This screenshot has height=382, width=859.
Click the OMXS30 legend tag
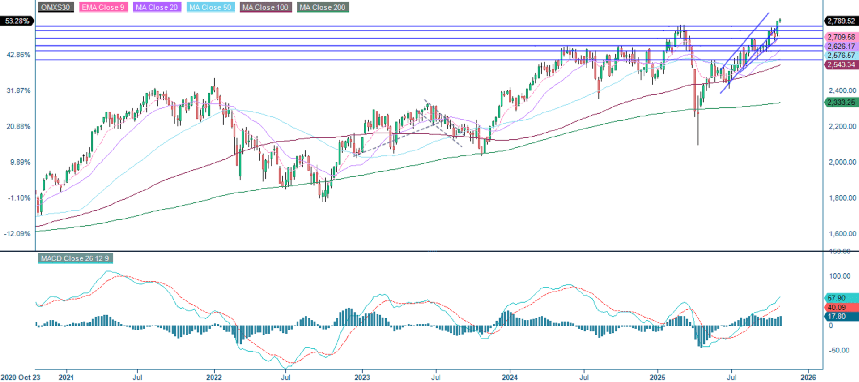55,7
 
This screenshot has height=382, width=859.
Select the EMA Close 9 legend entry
103,7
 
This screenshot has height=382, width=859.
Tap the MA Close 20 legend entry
157,7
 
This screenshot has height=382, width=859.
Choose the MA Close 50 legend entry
210,7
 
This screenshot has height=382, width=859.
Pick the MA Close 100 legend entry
265,7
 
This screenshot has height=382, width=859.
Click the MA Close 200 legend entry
323,7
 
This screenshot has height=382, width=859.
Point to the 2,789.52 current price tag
841,21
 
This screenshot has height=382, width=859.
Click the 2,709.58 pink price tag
841,37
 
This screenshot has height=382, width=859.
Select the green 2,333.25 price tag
841,102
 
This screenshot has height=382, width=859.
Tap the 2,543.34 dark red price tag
841,64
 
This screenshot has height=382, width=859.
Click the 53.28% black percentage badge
17,21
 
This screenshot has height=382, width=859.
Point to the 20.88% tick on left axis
18,126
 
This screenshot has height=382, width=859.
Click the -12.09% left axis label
17,233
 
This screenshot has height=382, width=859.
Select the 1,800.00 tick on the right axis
842,197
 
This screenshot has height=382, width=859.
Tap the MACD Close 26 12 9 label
75,258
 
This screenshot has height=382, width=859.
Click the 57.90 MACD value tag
837,298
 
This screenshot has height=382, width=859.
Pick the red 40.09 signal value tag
837,307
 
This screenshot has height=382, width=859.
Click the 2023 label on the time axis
362,377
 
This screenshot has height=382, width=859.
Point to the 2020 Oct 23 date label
21,377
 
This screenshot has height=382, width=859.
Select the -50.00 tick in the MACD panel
839,350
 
